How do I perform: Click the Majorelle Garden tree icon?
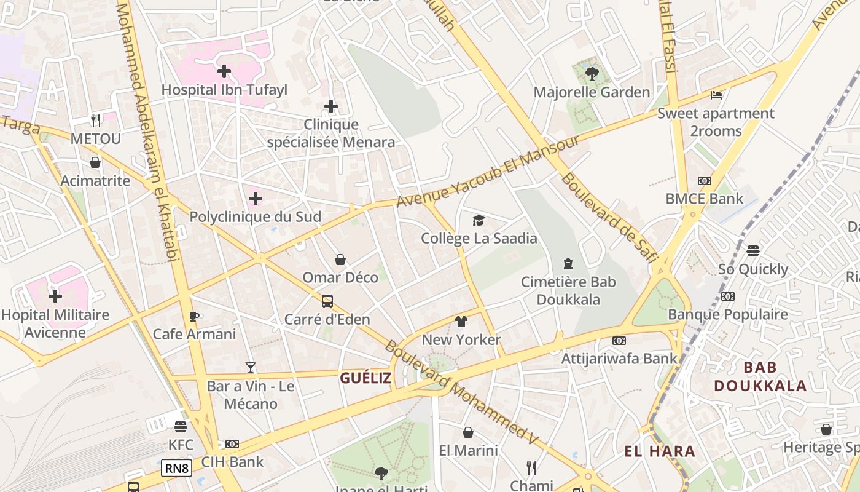[x=592, y=74]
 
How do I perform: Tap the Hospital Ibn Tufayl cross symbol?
[x=224, y=71]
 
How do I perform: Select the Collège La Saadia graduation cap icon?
[x=479, y=220]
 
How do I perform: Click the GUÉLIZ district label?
[x=365, y=378]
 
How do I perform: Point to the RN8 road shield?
[x=177, y=469]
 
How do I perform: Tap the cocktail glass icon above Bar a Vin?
[x=251, y=368]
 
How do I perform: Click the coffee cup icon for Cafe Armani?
[x=194, y=316]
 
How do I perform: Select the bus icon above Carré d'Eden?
[x=327, y=301]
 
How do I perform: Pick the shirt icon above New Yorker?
[x=461, y=321]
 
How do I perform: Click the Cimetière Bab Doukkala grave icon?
[x=568, y=264]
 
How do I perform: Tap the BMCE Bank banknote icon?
[x=705, y=181]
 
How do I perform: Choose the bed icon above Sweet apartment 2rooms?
[x=716, y=95]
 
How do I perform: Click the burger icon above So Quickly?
[x=753, y=251]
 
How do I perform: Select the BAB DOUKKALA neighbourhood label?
[x=760, y=376]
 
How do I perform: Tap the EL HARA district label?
[x=660, y=451]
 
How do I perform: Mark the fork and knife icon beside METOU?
[x=96, y=120]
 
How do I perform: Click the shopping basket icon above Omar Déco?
[x=340, y=260]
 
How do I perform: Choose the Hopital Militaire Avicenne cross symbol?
[x=55, y=296]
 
